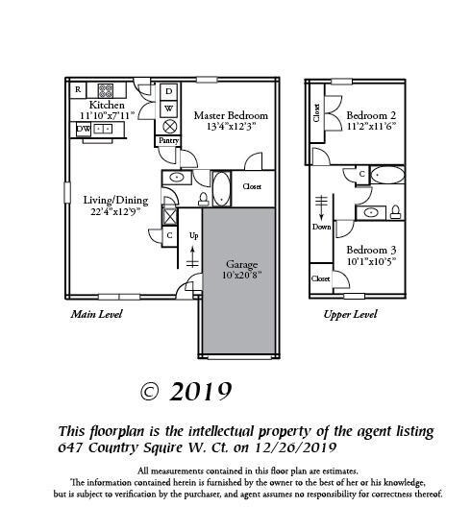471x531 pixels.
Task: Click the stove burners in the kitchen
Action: [106, 91]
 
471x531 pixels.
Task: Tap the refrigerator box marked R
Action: [78, 90]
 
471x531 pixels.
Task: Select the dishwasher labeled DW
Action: [83, 129]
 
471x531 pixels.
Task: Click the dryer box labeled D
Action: [168, 91]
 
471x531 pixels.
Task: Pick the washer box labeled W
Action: [168, 109]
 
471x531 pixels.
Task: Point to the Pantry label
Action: [168, 140]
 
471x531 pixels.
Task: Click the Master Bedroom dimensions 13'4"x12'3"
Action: [231, 127]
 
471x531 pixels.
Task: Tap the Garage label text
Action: [242, 264]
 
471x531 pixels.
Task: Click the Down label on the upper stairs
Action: [321, 227]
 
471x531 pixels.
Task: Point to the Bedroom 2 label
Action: [371, 115]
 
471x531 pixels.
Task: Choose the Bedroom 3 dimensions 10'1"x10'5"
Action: [371, 261]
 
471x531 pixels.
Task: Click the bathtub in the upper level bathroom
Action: [387, 175]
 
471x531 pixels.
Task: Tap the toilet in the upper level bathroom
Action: [395, 212]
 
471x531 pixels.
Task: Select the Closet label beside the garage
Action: [252, 186]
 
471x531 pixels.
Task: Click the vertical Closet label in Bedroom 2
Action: [316, 112]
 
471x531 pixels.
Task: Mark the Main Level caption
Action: [96, 314]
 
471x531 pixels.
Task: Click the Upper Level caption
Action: [350, 315]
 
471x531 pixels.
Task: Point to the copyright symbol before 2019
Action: [149, 393]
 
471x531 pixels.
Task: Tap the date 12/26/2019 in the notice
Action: [295, 447]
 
